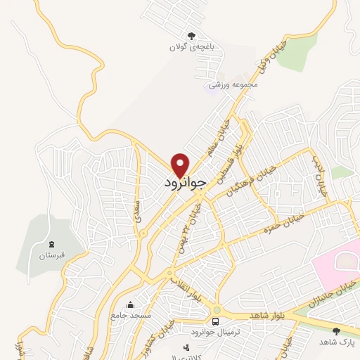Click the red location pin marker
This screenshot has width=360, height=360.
[181, 165]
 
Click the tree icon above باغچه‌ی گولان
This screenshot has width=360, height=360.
[190, 36]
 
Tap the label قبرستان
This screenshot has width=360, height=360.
[51, 254]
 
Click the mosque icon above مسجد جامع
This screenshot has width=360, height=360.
[129, 305]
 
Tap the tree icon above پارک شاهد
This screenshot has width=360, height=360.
[335, 330]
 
